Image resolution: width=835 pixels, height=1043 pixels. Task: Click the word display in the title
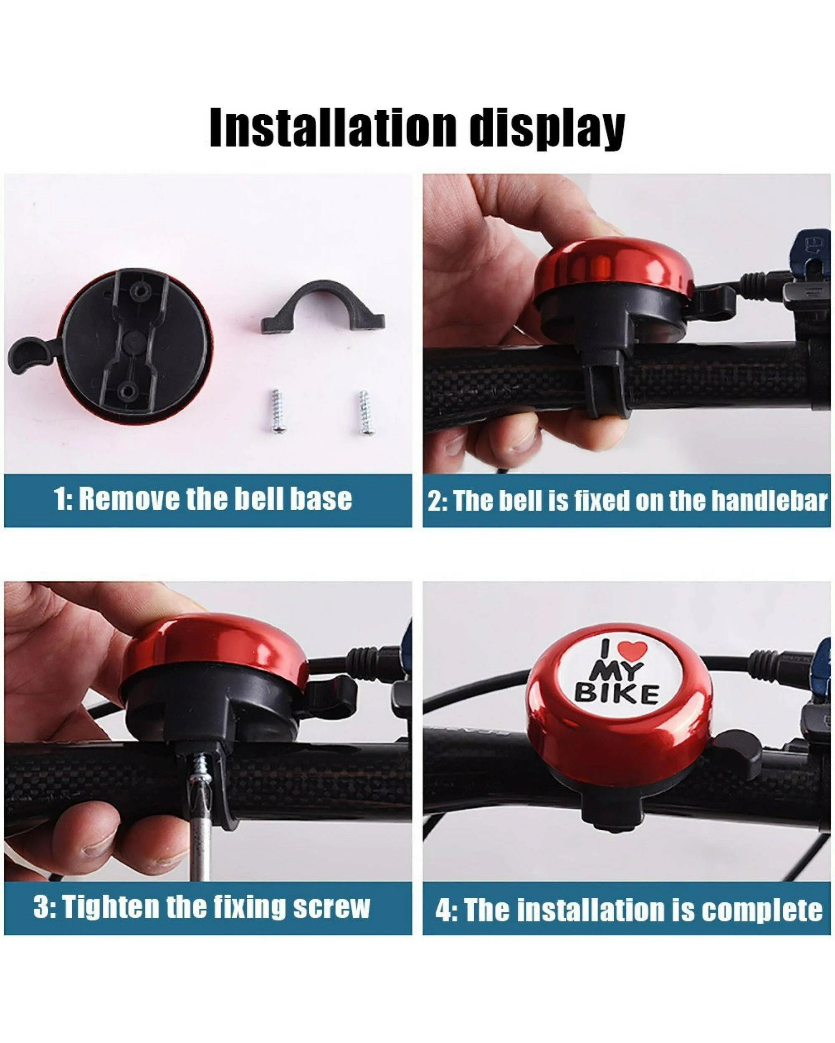pos(547,128)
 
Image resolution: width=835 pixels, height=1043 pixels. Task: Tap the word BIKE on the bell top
pos(617,694)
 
